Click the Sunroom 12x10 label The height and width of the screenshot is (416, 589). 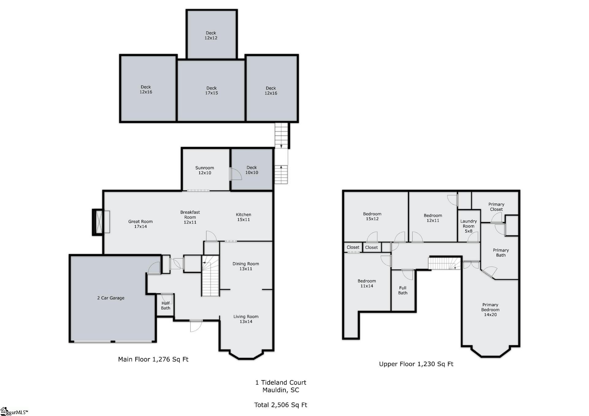pos(205,170)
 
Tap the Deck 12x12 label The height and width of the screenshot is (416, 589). pos(211,35)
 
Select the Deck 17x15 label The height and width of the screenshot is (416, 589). pos(211,90)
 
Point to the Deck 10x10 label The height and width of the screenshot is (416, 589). pos(252,170)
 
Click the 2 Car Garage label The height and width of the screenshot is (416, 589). pos(111,298)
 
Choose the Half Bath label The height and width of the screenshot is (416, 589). pos(166,306)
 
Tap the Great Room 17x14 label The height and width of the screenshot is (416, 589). pos(141,224)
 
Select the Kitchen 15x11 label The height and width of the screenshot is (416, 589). pos(243,217)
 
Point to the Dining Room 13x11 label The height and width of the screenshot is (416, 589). pos(246,266)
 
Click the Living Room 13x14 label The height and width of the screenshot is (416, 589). pos(246,319)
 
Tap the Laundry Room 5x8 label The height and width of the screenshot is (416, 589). pos(468,226)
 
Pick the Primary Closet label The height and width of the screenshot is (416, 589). pos(496,207)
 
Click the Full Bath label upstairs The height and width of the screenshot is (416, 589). pos(403,290)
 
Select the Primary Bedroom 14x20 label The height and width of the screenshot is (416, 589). pos(490,310)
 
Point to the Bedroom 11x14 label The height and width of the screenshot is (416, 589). pos(367,283)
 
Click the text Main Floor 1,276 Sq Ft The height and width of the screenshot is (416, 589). pos(153,359)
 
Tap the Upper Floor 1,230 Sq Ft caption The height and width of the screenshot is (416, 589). pos(416,364)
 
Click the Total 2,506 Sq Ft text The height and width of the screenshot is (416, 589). pos(281,405)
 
